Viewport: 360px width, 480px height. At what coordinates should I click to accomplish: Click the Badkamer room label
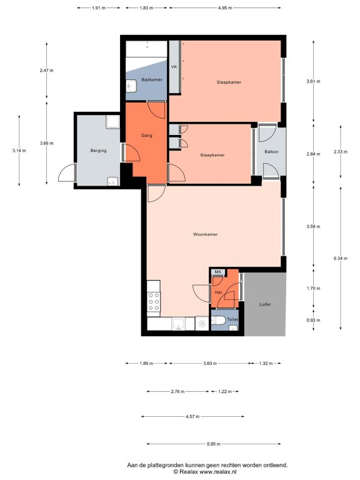pos(152,79)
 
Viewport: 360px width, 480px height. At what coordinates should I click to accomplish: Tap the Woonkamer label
pos(206,234)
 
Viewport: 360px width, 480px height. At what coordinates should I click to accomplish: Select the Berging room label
pos(98,151)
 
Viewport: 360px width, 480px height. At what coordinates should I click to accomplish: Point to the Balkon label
pos(271,151)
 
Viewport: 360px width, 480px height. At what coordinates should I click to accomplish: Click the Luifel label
pos(265,304)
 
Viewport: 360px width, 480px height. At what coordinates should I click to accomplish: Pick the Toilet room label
pos(232,319)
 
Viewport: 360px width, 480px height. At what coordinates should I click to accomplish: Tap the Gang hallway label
pos(147,135)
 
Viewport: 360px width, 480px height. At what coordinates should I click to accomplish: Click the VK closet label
pos(174,67)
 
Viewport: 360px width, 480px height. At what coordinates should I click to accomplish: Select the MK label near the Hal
pos(218,272)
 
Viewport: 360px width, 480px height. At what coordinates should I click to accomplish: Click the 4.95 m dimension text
pos(225,8)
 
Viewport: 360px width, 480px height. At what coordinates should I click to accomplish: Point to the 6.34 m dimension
pos(341,258)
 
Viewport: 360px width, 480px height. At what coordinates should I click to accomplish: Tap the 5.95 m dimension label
pos(214,444)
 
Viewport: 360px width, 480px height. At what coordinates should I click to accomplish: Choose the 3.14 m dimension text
pos(19,150)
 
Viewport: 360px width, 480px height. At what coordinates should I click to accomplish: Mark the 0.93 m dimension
pos(313,320)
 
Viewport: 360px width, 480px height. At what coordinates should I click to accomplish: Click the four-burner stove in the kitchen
pos(154,302)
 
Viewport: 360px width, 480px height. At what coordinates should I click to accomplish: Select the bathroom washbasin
pos(132,86)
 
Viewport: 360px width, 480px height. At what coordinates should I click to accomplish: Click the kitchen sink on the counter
pos(178,324)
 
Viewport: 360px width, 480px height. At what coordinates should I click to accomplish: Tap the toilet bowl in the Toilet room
pos(218,321)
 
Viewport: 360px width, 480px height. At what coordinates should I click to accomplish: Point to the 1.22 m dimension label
pos(225,391)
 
